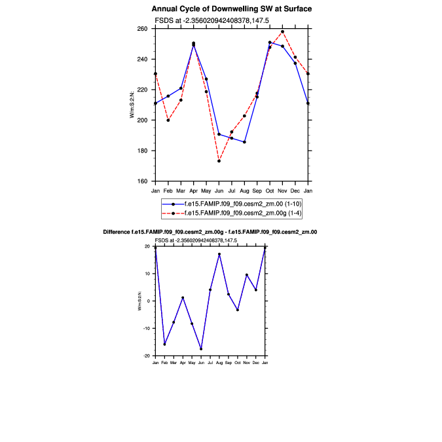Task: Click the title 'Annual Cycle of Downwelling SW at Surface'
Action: [x=231, y=9]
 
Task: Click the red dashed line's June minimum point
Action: [x=219, y=161]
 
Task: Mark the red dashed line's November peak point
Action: [x=282, y=31]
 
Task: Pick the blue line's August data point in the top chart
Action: [x=244, y=142]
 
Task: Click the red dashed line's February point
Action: [x=168, y=120]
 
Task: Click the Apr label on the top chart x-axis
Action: [x=193, y=191]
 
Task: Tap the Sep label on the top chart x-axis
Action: [x=257, y=191]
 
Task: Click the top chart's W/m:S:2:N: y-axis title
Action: [x=132, y=105]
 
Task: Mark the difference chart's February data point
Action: [x=164, y=344]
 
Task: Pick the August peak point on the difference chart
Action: [x=219, y=254]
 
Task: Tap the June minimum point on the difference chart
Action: [x=201, y=349]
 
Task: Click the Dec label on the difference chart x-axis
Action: [x=256, y=362]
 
